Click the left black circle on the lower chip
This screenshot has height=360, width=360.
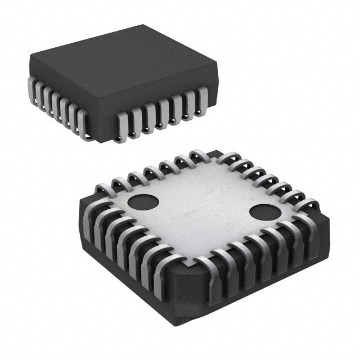click(x=143, y=201)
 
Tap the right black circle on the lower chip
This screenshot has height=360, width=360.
click(x=264, y=212)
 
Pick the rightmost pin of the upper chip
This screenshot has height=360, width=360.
click(x=202, y=98)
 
